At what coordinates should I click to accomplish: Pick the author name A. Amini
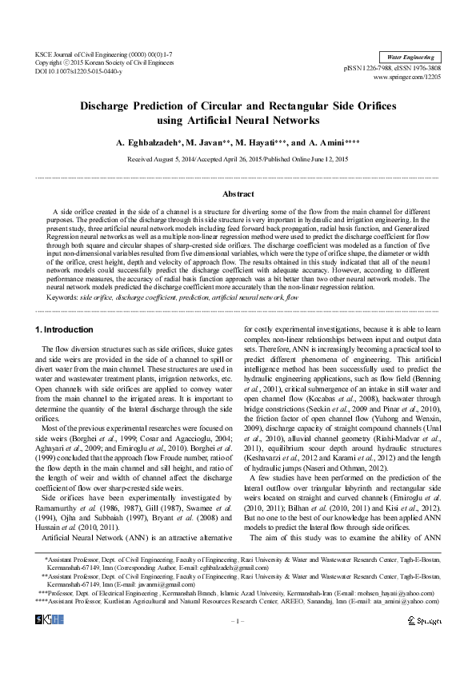tap(334, 143)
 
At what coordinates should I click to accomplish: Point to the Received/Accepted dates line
tap(238, 159)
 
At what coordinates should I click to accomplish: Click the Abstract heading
tap(238, 194)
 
